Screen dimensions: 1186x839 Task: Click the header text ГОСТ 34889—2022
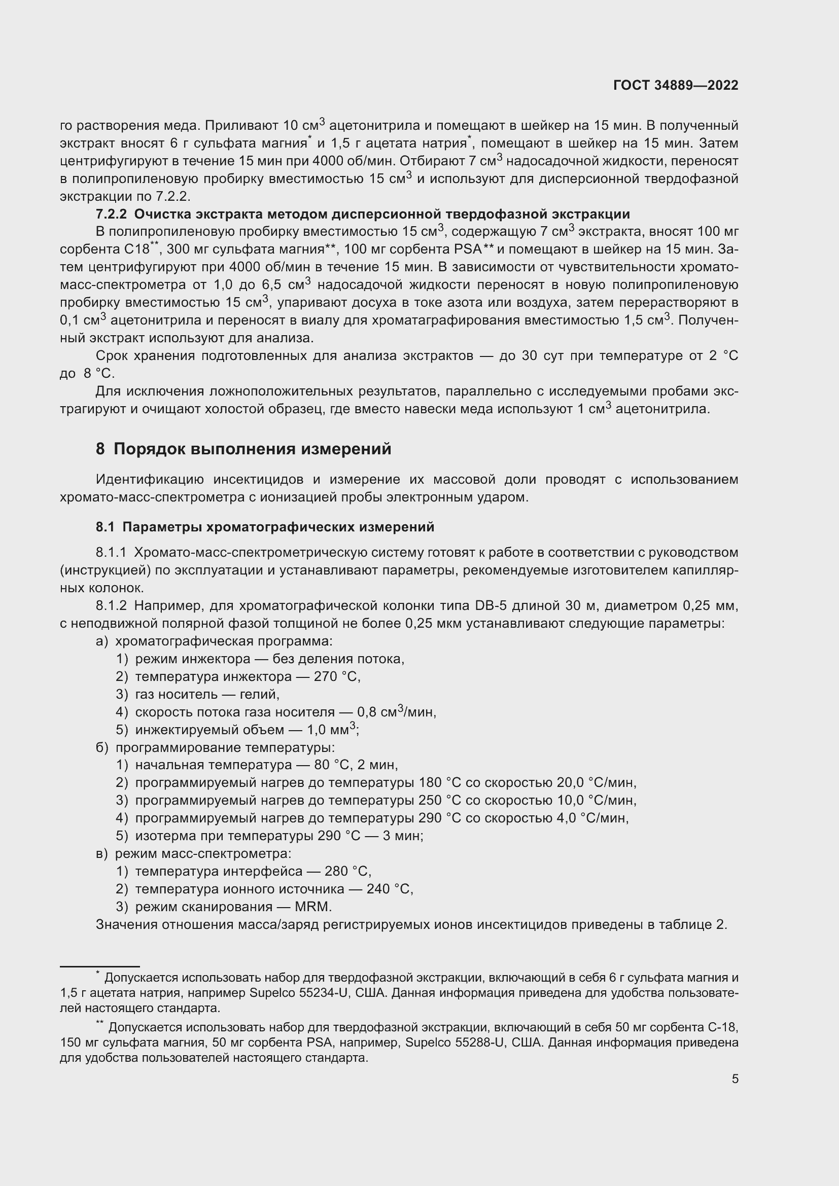[x=676, y=85]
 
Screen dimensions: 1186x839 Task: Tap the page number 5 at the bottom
[x=735, y=1079]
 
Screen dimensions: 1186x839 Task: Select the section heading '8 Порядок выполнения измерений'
[x=243, y=449]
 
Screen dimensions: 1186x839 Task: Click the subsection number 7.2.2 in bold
[x=111, y=214]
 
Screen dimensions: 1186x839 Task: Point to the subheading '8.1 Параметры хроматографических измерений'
[x=264, y=527]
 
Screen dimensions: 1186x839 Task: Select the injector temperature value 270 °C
[x=337, y=677]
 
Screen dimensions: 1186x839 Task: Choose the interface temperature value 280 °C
[x=347, y=872]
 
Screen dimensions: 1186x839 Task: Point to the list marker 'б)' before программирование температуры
[x=102, y=747]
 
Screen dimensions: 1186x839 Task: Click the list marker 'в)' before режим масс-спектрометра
[x=102, y=853]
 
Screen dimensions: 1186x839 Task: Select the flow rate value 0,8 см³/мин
[x=396, y=712]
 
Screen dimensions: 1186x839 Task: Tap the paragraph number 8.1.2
[x=111, y=605]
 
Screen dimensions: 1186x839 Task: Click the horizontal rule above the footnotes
[x=100, y=966]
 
